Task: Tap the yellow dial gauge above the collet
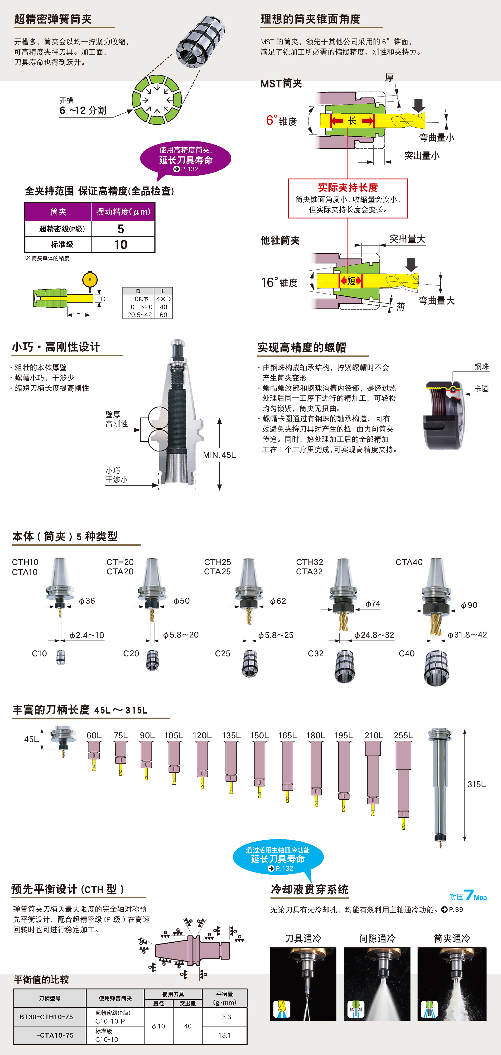click(90, 280)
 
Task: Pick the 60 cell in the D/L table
click(163, 315)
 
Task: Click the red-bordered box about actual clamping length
click(348, 198)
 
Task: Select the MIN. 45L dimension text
click(219, 455)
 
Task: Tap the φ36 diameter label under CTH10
click(87, 601)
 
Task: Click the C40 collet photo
click(436, 667)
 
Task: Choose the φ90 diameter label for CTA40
click(469, 605)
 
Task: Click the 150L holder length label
click(259, 735)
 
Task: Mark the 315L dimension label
click(476, 784)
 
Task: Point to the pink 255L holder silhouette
click(403, 778)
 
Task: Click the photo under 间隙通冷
click(377, 983)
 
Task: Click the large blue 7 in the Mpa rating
click(469, 895)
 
